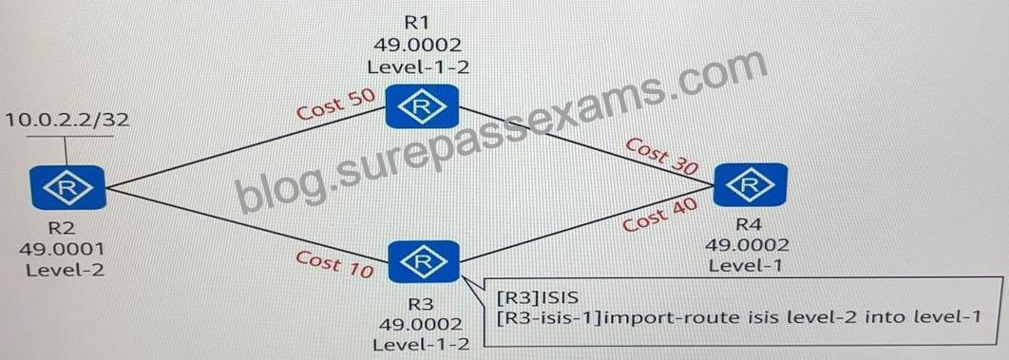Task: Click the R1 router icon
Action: coord(422,106)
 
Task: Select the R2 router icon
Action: coord(67,188)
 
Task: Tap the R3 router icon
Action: coord(424,261)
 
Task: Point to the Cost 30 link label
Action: coord(662,155)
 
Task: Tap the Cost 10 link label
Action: coord(334,264)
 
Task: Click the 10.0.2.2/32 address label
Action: coord(67,121)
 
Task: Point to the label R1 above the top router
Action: coord(416,22)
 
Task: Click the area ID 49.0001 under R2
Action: coord(62,249)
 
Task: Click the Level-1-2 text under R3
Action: coord(422,344)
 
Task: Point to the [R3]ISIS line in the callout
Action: coord(539,297)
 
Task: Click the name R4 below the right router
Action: coord(747,225)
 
